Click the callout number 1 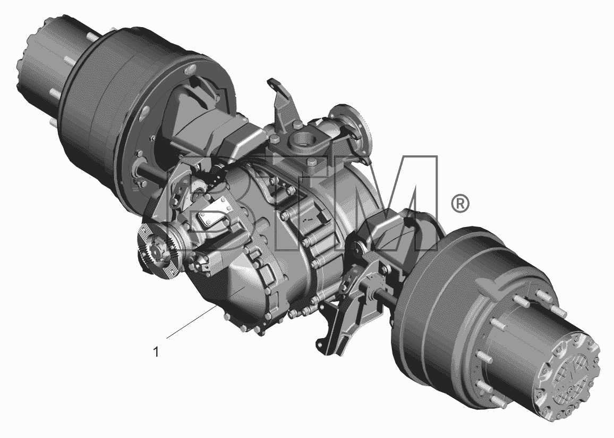pos(156,352)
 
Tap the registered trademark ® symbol pos(460,204)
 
